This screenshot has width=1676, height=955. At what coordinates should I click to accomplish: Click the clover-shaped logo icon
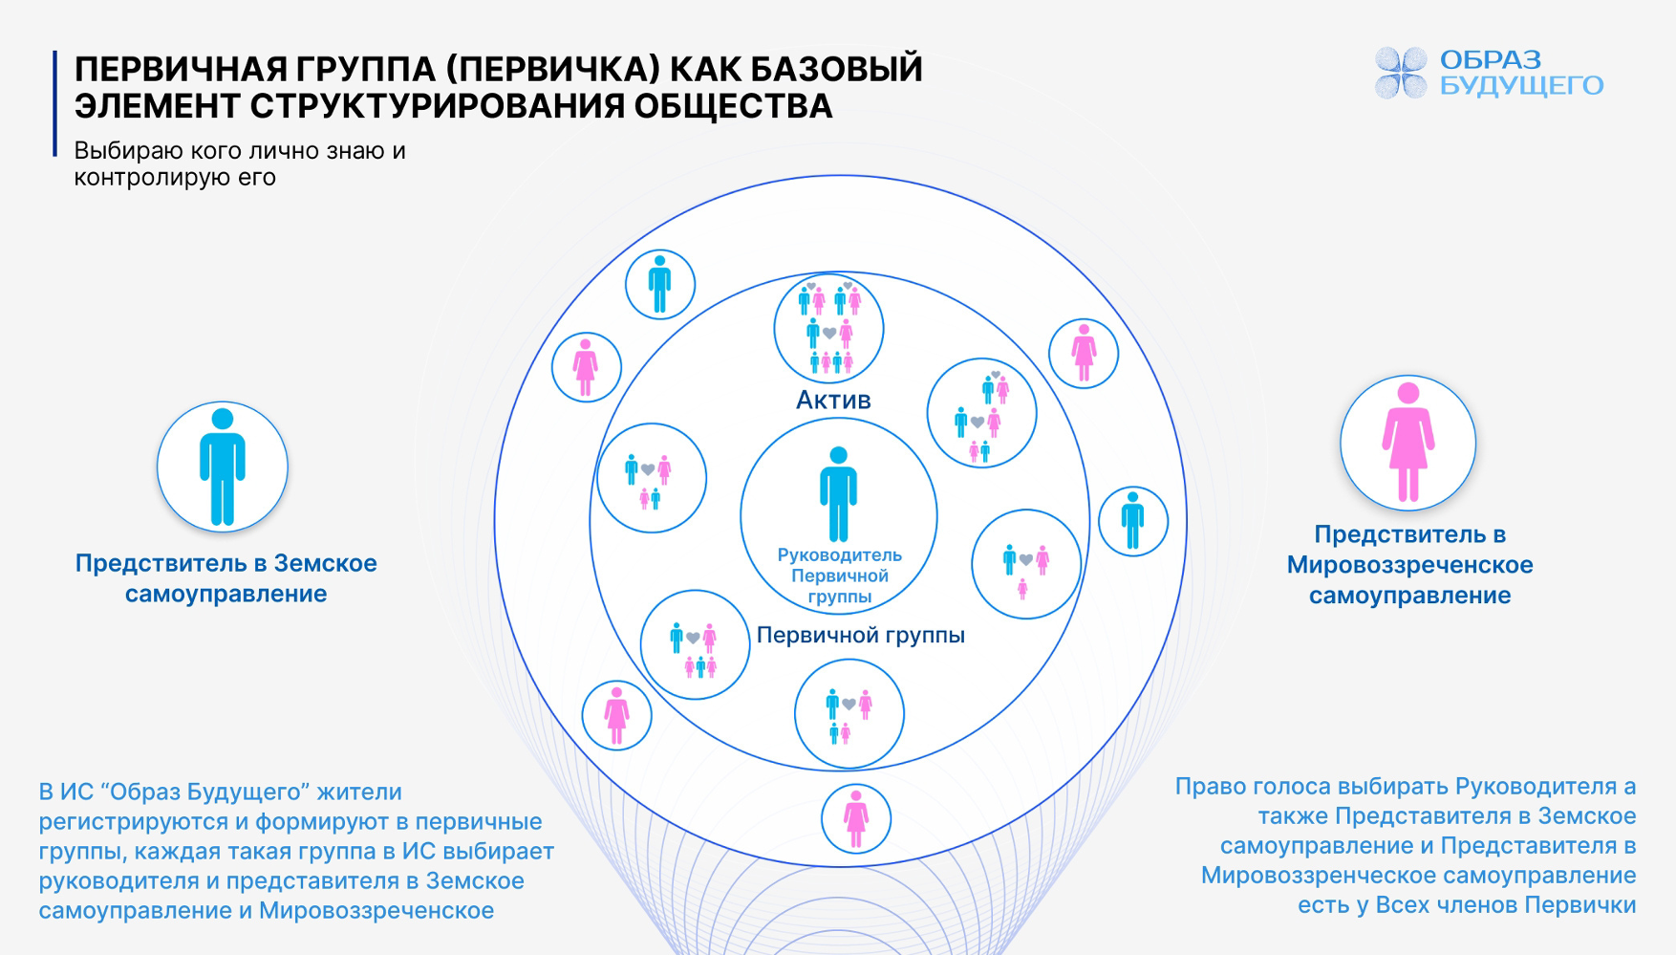click(1401, 73)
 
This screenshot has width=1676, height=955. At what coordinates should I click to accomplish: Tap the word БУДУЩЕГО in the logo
click(1521, 86)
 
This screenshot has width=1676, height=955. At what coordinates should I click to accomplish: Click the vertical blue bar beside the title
click(55, 103)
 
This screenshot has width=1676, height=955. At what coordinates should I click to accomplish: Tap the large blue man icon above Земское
click(223, 467)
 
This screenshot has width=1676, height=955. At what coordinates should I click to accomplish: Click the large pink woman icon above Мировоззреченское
click(1407, 443)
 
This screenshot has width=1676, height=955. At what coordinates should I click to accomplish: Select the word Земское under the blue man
click(325, 563)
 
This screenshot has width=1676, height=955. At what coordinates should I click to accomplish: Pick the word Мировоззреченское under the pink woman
click(1409, 565)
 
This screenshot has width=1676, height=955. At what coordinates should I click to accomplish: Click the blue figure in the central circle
click(838, 493)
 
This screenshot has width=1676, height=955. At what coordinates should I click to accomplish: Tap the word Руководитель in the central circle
click(839, 555)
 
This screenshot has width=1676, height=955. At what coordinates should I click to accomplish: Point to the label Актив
click(833, 400)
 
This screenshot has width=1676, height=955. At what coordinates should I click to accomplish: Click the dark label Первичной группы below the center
click(860, 635)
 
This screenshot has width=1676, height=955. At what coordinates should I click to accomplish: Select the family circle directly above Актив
click(828, 329)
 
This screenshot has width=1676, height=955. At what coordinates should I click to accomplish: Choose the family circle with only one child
click(1025, 564)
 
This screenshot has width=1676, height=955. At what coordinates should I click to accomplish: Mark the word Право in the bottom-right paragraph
click(1205, 787)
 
